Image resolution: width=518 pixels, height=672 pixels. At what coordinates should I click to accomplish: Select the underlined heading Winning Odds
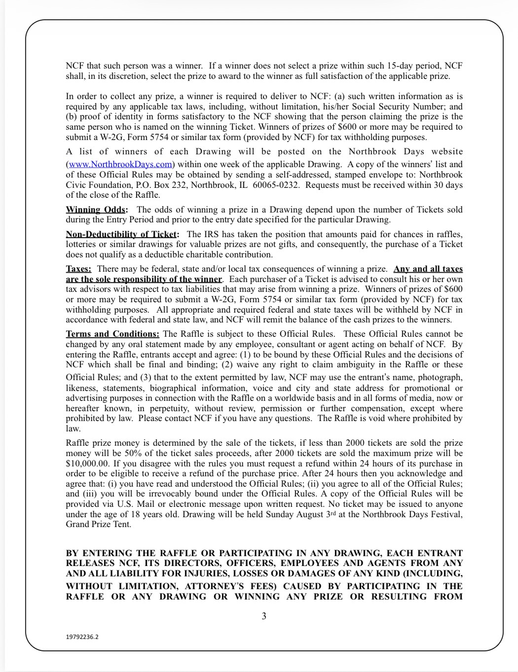(x=96, y=210)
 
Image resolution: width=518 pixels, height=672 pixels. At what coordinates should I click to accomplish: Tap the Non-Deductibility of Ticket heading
(x=122, y=234)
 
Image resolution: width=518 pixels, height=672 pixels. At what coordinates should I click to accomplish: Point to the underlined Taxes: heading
(x=78, y=269)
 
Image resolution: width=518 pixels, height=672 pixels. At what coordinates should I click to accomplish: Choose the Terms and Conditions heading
(x=112, y=334)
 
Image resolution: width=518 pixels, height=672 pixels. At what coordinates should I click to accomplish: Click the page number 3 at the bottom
(x=264, y=616)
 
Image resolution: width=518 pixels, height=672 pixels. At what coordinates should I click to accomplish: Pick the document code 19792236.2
(x=82, y=637)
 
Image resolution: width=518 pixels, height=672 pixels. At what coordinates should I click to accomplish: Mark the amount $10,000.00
(x=87, y=463)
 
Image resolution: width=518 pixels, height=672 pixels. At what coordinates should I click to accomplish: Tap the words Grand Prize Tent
(x=99, y=525)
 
